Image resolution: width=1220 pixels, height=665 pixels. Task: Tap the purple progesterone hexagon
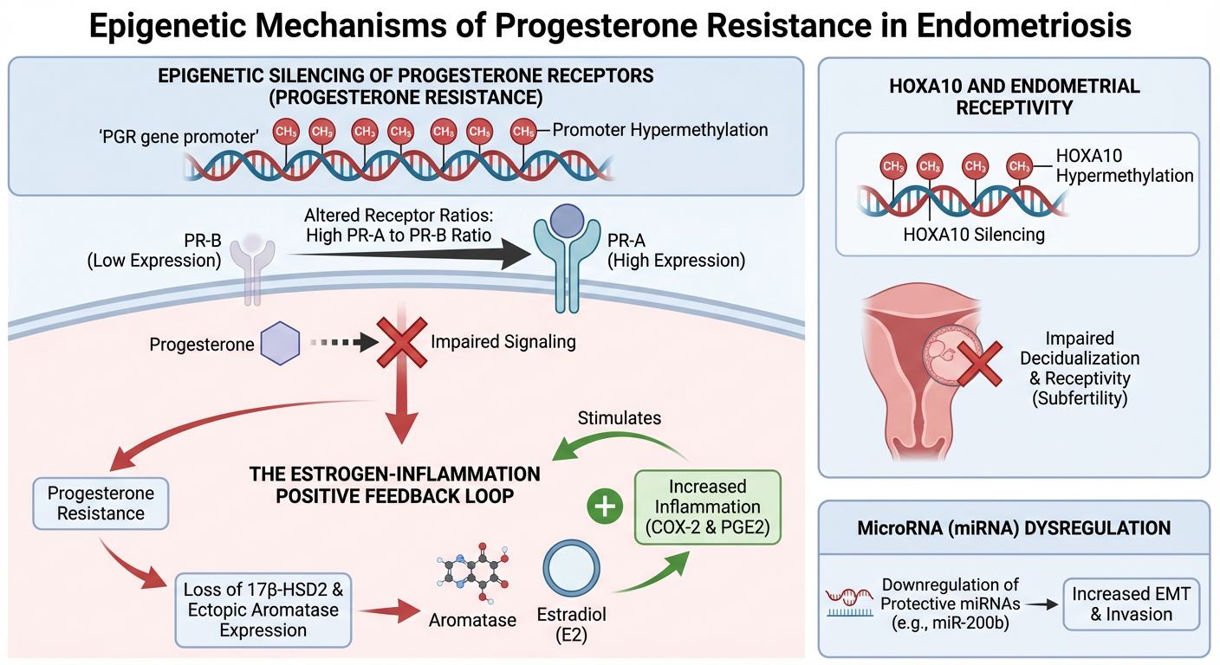[280, 344]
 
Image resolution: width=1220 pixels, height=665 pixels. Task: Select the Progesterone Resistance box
[101, 503]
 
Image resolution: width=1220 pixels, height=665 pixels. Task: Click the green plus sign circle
[606, 507]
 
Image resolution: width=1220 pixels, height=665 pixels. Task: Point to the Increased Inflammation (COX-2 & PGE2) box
[707, 507]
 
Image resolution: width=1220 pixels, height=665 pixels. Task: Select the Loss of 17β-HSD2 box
[263, 610]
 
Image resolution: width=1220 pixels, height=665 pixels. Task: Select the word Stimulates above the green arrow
[619, 418]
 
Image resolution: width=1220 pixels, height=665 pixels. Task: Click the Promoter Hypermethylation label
[660, 130]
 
